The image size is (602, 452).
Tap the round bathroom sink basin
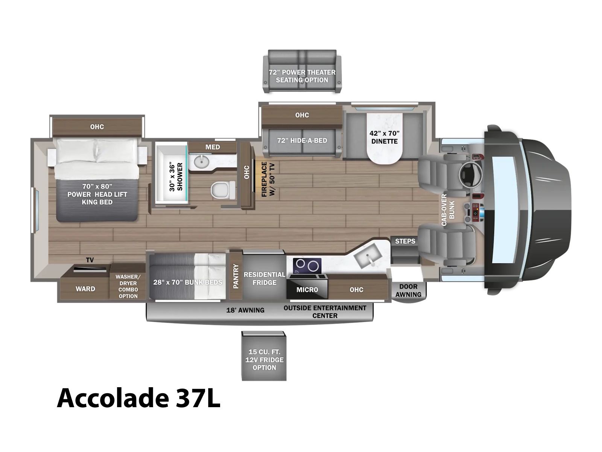coord(202,162)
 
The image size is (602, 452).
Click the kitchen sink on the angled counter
coord(368,258)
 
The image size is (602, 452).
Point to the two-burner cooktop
coord(307,266)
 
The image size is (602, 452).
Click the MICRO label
coord(307,290)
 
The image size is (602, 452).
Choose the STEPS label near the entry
coord(405,241)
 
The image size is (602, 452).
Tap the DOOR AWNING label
coord(408,290)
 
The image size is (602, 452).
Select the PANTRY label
coord(236,276)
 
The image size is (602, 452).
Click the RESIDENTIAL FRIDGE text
coord(265,279)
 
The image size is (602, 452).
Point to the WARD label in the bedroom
coord(85,289)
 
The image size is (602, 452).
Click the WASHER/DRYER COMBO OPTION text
coord(128,286)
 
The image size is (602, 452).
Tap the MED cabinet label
coord(213,147)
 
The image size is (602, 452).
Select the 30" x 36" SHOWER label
coord(176,177)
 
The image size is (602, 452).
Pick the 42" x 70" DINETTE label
coord(385,137)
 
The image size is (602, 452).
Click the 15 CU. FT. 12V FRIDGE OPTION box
coord(264,356)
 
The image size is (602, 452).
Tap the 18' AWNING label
coord(245,310)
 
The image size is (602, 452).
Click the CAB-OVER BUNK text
coord(448,210)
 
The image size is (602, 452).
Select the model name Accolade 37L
coord(138,398)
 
